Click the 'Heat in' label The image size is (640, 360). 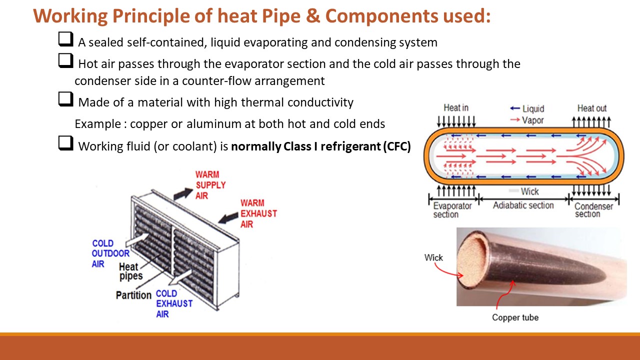coord(455,108)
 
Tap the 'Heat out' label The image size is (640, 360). coord(591,108)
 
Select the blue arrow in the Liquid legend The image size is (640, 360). coord(514,108)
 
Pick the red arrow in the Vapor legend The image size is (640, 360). coord(514,120)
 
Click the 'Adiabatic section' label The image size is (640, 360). coord(523,205)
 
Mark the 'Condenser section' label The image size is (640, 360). coord(593,210)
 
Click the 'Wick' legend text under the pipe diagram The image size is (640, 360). coord(529,191)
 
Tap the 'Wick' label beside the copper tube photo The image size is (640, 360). coord(433,257)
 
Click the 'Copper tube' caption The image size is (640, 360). coord(515,317)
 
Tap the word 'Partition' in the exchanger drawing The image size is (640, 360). coord(133,295)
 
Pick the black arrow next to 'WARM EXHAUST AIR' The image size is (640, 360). coord(229,217)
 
